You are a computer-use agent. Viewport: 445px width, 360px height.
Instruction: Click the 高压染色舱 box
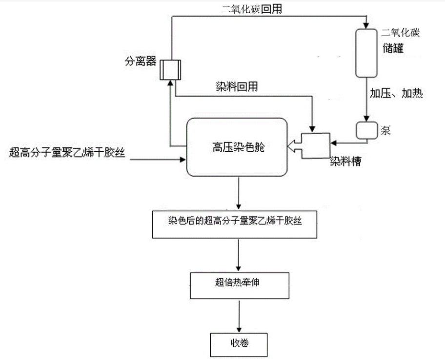236,147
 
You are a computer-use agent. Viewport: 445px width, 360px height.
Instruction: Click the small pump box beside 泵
367,130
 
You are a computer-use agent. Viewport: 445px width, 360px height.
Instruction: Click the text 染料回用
237,86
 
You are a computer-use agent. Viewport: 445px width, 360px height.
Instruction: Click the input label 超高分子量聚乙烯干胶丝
68,153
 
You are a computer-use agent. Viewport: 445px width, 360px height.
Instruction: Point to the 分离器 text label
140,61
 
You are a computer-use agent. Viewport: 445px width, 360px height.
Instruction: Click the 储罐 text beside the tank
395,48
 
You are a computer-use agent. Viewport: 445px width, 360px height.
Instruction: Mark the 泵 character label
385,130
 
